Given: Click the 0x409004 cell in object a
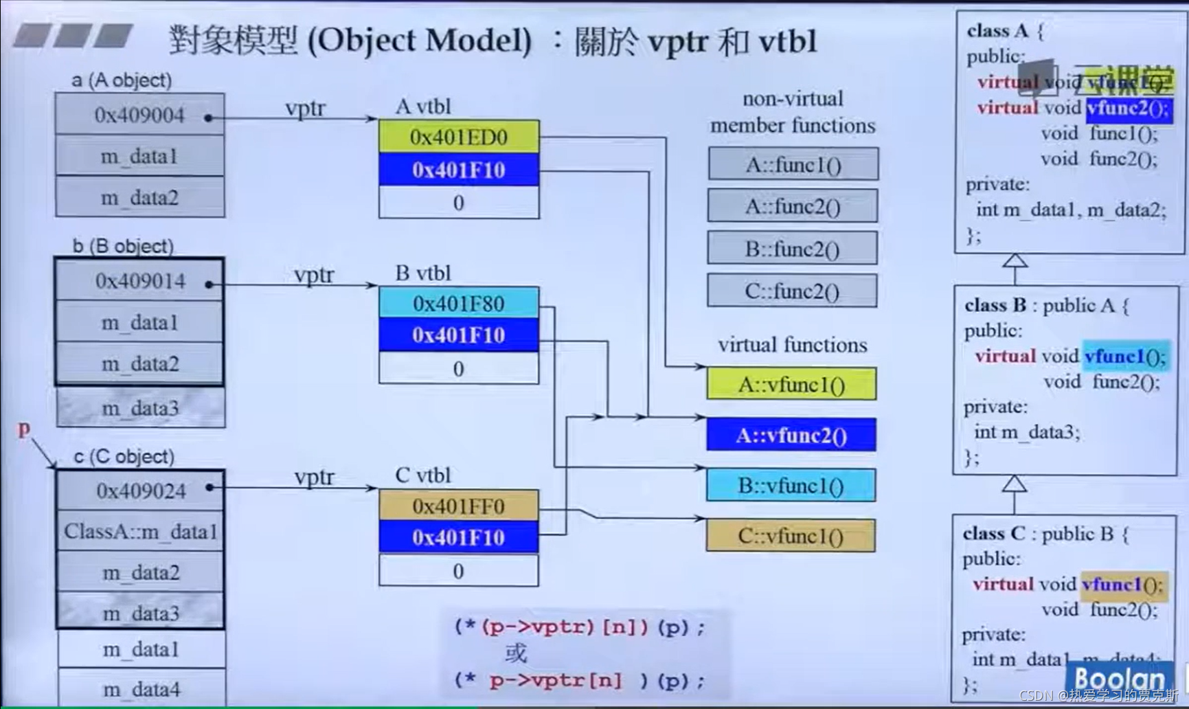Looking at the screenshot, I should (x=139, y=115).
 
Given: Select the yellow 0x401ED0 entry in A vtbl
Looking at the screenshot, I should (x=458, y=137).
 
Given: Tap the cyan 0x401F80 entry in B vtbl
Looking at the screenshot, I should (x=458, y=303).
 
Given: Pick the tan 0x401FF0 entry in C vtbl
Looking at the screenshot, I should (x=458, y=506).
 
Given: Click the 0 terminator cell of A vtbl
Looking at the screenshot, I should (x=458, y=203).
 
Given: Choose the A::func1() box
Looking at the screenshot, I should (x=793, y=165).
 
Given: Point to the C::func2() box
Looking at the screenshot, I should (x=791, y=291).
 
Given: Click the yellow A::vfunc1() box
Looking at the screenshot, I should (x=791, y=385).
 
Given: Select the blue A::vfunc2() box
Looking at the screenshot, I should (x=791, y=436).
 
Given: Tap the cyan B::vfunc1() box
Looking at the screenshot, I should (x=791, y=486).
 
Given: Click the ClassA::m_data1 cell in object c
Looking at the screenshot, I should (x=140, y=531).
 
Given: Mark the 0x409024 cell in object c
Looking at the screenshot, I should (x=141, y=491).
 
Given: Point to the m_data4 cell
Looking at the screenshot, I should (x=141, y=689).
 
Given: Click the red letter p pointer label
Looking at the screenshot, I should (x=24, y=429).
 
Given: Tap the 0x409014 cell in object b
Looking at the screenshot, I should (x=140, y=281).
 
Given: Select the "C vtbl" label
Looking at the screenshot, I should (x=423, y=475).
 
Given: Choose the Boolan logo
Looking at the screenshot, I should (x=1120, y=679).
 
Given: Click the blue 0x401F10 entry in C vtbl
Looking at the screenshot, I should (x=458, y=537).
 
